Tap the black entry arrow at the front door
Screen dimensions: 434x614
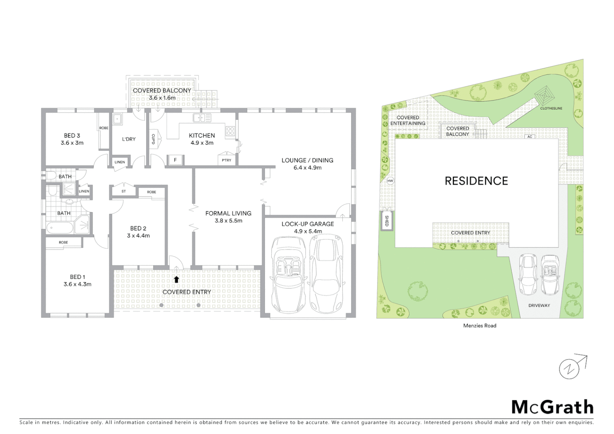pos(176,279)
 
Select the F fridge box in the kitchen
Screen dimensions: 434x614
pos(175,160)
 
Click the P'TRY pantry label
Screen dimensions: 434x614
pos(226,160)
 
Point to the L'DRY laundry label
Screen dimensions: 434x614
pos(129,139)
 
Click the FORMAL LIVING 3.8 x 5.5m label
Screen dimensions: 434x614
pos(228,217)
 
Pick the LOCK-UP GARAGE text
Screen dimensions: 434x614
pos(307,224)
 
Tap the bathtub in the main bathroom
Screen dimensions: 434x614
pos(60,228)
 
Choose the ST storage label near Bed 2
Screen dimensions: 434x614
pos(123,191)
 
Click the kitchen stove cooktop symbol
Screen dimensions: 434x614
pos(230,131)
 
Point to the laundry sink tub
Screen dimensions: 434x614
pos(117,119)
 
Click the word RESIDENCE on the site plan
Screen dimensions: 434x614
pos(476,181)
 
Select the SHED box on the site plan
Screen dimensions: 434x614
pos(387,221)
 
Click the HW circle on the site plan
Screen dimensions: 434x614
pos(390,181)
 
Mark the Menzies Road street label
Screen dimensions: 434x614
pos(479,325)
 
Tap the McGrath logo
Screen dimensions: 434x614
pos(552,407)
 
